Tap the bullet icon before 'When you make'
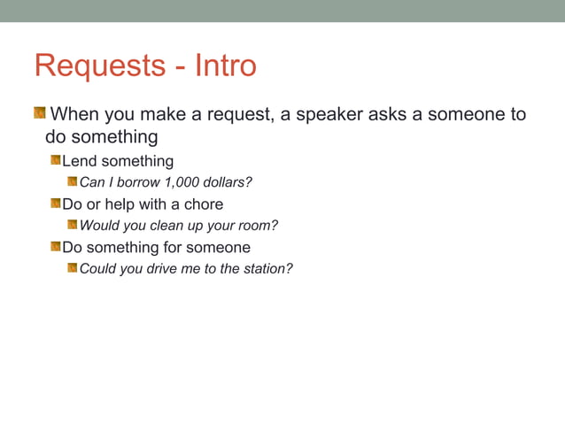click(x=40, y=114)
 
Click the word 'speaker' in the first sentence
click(x=330, y=115)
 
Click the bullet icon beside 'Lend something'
click(x=55, y=161)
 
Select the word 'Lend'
click(x=79, y=161)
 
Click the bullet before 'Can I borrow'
click(x=73, y=182)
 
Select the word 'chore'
click(x=204, y=204)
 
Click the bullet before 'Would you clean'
click(x=73, y=225)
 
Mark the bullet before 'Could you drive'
click(x=73, y=268)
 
